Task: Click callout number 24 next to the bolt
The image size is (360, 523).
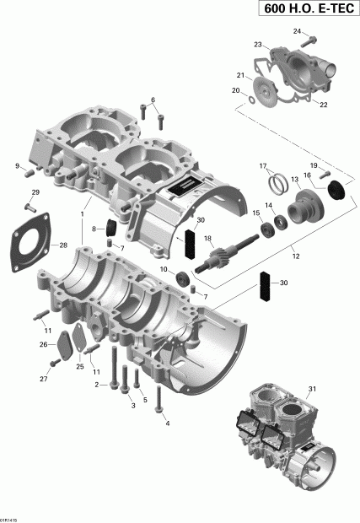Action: (297, 31)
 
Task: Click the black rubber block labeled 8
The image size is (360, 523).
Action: (110, 227)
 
